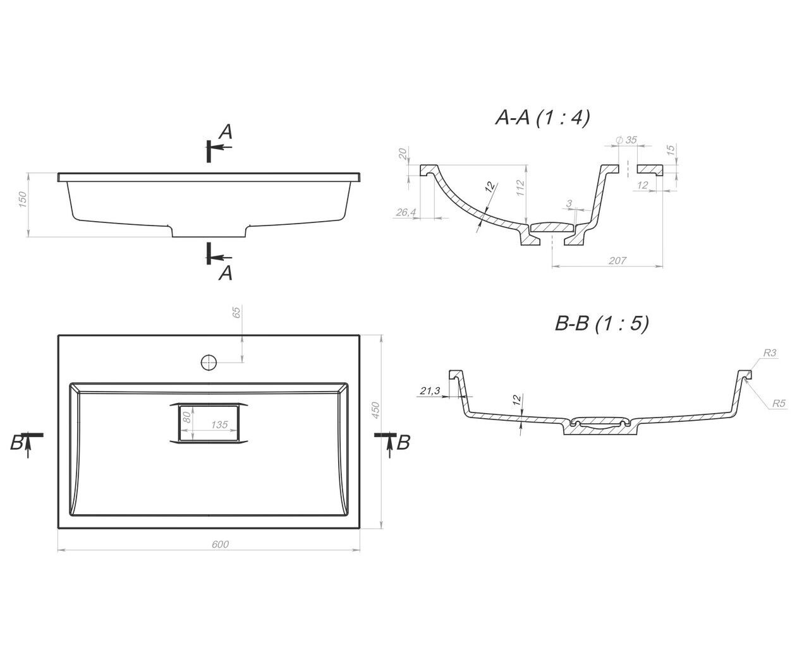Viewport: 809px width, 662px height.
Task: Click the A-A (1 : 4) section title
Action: pos(542,117)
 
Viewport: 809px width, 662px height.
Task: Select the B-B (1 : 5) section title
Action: pos(602,323)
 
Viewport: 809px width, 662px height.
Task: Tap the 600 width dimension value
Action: pos(220,545)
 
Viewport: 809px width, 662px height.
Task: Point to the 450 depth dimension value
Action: pos(375,410)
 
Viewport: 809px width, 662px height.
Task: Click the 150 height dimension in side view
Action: pos(23,200)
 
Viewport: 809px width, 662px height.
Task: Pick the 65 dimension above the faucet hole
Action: pos(236,313)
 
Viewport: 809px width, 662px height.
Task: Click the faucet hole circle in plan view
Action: pos(209,362)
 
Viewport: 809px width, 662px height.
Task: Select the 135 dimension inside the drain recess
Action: pos(219,424)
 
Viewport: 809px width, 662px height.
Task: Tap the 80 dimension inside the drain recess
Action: pos(186,417)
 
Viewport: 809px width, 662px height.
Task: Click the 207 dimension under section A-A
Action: pos(617,261)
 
